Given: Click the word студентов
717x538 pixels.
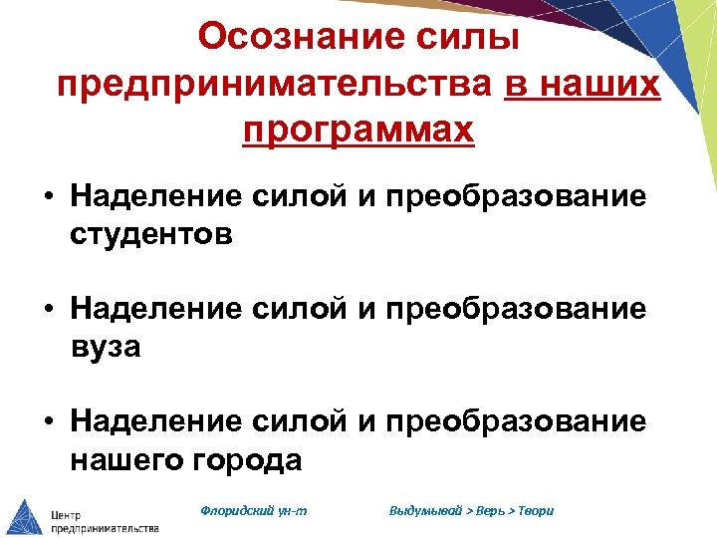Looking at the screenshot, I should pyautogui.click(x=151, y=235).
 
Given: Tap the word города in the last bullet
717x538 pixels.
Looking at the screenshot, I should pyautogui.click(x=253, y=459).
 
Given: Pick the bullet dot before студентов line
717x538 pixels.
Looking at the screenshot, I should pyautogui.click(x=48, y=197).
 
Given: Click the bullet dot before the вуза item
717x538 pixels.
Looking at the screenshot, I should pyautogui.click(x=48, y=310).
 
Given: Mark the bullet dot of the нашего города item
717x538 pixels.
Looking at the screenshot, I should pyautogui.click(x=48, y=422).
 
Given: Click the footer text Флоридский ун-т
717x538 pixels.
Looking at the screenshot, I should pyautogui.click(x=254, y=511).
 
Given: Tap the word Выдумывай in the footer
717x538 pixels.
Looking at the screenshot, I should pyautogui.click(x=425, y=511).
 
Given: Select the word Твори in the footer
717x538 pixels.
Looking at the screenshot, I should pyautogui.click(x=535, y=511).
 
